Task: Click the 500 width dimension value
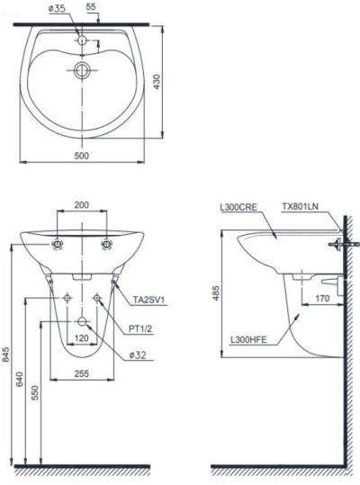pyautogui.click(x=82, y=155)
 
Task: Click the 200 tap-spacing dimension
pyautogui.click(x=82, y=205)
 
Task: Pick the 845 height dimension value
pyautogui.click(x=8, y=355)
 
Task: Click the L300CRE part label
pyautogui.click(x=238, y=206)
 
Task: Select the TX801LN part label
pyautogui.click(x=301, y=206)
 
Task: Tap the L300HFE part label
pyautogui.click(x=247, y=339)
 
